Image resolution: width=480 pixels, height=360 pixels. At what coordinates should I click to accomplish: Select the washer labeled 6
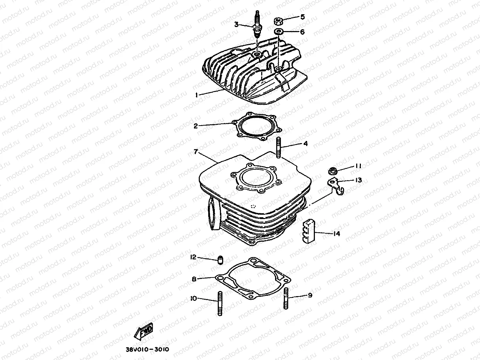tap(279, 32)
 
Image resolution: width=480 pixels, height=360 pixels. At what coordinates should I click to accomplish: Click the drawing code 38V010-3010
tap(145, 349)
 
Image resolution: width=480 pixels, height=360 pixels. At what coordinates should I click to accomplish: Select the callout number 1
tap(196, 95)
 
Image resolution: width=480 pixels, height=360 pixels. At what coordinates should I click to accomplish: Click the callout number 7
tap(196, 152)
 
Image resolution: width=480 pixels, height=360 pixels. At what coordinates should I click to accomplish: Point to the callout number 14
tap(336, 234)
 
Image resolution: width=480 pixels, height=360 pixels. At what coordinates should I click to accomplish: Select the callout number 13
tap(358, 180)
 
